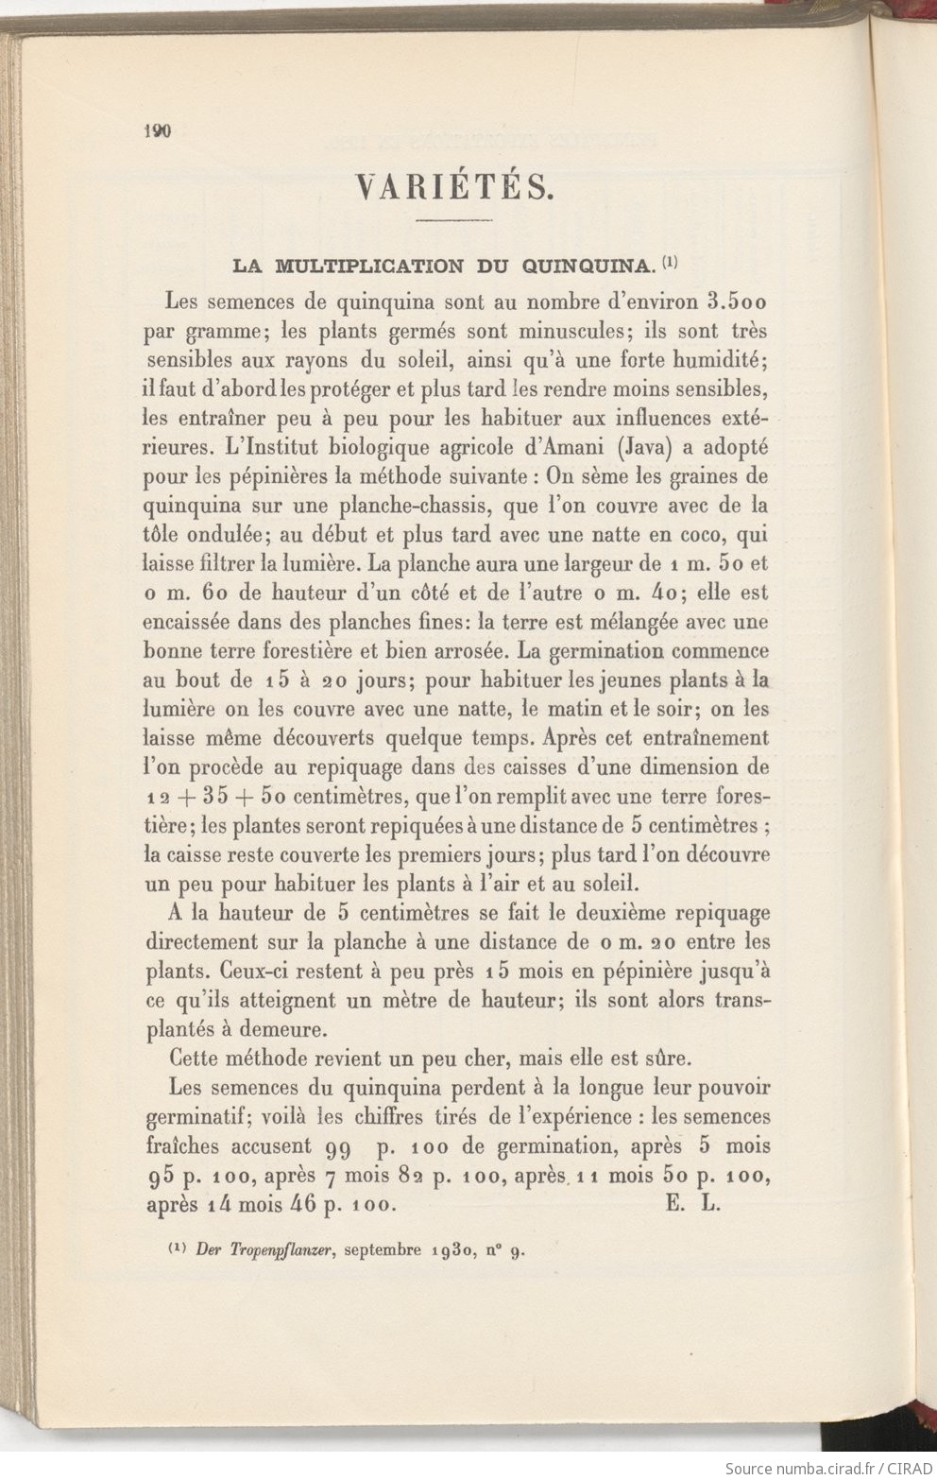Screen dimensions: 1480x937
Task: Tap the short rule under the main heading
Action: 454,220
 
